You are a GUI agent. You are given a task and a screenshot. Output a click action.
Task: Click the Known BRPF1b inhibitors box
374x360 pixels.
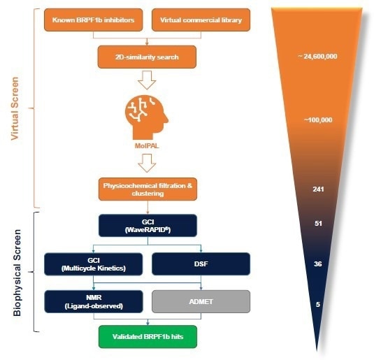tap(93, 20)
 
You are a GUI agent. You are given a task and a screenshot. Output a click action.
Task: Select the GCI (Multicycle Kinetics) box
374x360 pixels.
tap(92, 265)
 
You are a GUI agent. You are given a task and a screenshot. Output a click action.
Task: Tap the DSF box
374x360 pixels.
tap(201, 265)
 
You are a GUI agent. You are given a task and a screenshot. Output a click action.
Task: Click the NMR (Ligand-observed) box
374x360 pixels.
tap(92, 301)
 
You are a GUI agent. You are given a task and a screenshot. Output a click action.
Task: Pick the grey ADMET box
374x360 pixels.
tap(201, 301)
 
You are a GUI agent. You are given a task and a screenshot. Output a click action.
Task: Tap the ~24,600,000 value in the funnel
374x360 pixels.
tap(317, 56)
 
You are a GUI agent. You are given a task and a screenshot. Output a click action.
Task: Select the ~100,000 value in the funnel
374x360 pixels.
tap(317, 120)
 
